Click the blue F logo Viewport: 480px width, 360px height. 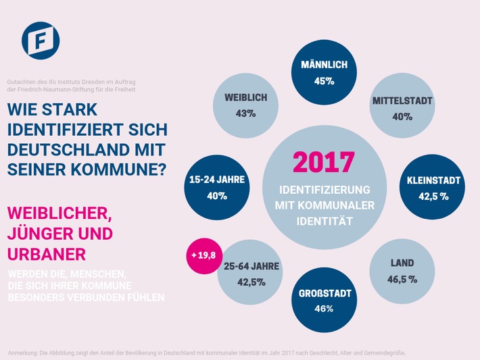[41, 41]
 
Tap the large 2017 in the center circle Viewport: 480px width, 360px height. [323, 162]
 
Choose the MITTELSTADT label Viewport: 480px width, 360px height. [402, 101]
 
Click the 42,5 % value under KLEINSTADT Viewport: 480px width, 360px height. [433, 197]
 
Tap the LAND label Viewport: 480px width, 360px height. [402, 263]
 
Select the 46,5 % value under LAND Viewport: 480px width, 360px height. [402, 279]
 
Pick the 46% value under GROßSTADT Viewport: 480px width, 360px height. [324, 309]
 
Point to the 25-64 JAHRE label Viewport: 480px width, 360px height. [250, 266]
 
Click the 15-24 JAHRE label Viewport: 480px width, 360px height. [218, 180]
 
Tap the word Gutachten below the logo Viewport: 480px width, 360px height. [21, 82]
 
